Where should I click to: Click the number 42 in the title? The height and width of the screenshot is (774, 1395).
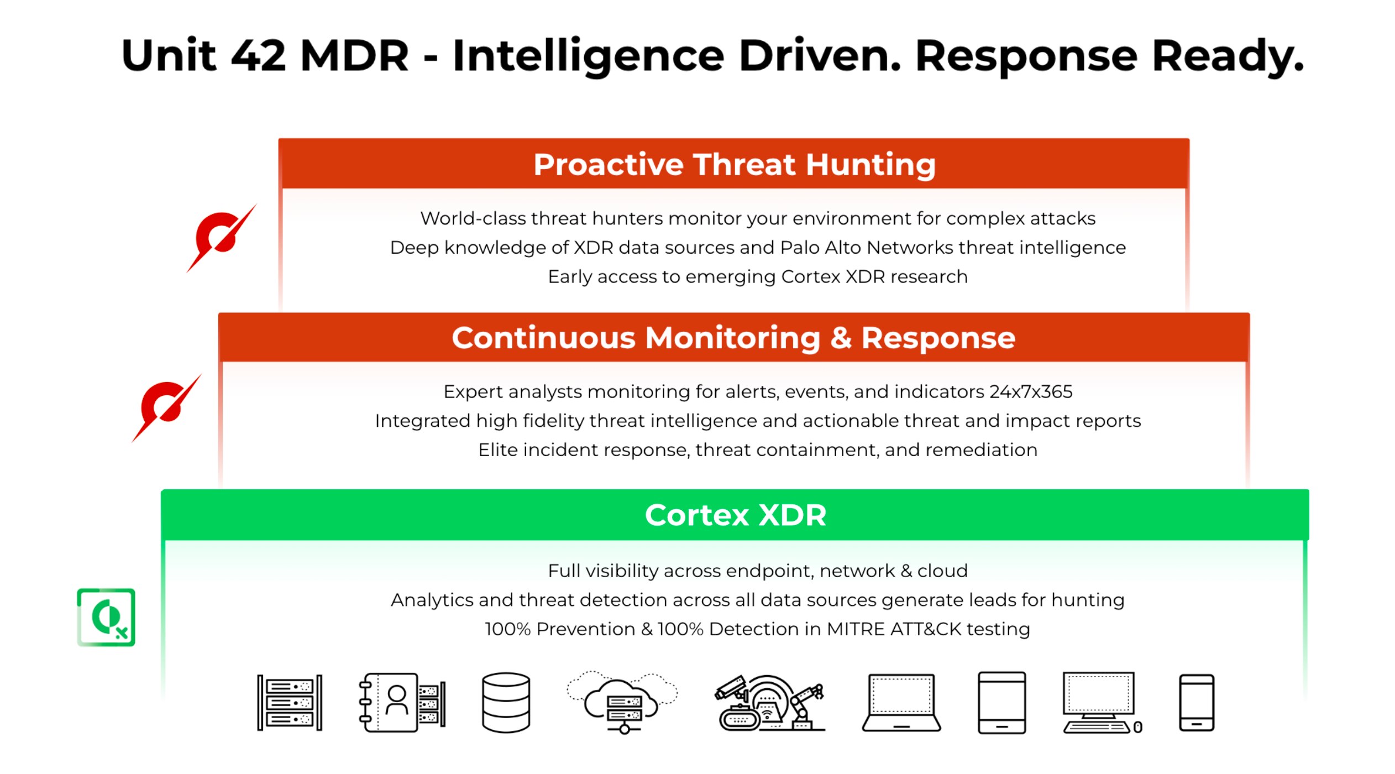click(258, 56)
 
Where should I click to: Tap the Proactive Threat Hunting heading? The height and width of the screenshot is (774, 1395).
click(734, 164)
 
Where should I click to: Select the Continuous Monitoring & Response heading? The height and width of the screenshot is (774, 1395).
click(733, 338)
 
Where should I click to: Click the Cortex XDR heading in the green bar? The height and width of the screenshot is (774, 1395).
click(735, 515)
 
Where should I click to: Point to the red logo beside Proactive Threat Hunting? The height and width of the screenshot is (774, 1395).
click(221, 238)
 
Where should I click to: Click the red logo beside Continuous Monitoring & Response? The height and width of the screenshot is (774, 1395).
click(166, 408)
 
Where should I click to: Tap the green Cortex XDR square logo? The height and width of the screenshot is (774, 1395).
click(106, 617)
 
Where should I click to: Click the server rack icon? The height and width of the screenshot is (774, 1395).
click(289, 703)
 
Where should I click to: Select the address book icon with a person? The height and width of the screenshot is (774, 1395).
click(402, 703)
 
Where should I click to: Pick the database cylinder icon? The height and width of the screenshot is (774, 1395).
click(506, 703)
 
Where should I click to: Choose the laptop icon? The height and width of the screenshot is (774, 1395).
click(901, 703)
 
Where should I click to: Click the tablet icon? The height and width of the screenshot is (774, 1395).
click(1001, 703)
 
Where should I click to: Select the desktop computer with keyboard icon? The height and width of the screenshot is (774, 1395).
click(1100, 703)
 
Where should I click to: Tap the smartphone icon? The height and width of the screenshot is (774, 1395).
click(1196, 703)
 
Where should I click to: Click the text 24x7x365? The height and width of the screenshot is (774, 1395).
click(1031, 392)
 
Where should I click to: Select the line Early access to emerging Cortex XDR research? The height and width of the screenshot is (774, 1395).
click(757, 276)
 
